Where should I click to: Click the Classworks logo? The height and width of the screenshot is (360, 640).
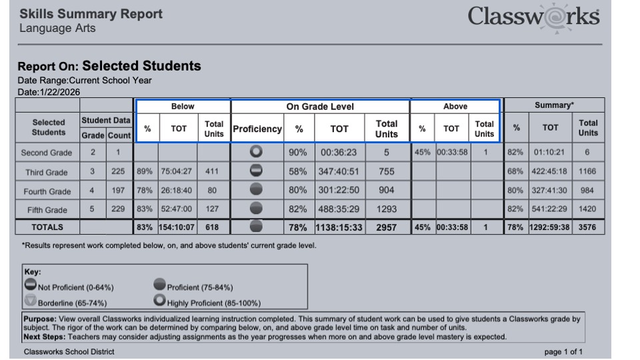(533, 17)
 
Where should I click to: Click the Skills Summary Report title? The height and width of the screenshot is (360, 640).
(90, 14)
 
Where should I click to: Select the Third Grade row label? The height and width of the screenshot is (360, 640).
(47, 172)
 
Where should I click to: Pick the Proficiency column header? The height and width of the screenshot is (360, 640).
(257, 129)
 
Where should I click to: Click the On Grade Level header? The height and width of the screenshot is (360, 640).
(320, 106)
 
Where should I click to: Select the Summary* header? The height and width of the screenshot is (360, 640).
(554, 105)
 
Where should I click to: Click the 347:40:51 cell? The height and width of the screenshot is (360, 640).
(340, 172)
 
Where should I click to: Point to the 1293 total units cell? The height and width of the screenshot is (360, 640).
(387, 209)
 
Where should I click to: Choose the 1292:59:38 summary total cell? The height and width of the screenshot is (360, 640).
(550, 227)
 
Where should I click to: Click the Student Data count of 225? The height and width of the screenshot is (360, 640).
(118, 172)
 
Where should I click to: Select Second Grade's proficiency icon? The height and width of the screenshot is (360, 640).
(257, 153)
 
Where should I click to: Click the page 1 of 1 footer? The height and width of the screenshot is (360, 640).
(563, 351)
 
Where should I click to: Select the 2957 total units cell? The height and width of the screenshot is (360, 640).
(387, 227)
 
